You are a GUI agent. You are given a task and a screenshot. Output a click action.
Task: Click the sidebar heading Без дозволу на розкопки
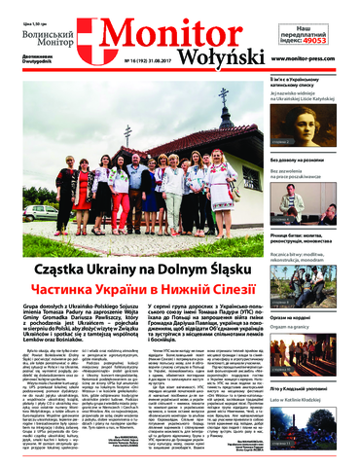coord(309,156)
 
